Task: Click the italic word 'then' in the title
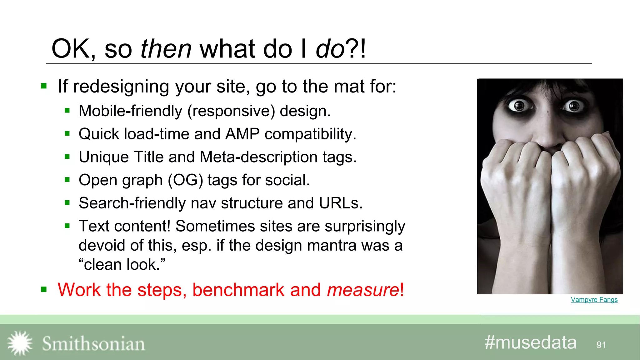coord(166,49)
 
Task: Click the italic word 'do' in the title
coord(330,49)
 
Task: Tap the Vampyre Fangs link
coord(594,300)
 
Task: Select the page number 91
coord(601,345)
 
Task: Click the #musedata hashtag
coord(530,342)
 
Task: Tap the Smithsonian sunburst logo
coord(20,343)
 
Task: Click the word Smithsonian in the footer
coord(93,344)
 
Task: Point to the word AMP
coord(242,134)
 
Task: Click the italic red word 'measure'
coord(363,290)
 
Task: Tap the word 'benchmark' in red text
coord(238,290)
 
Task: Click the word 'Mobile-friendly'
coord(130,111)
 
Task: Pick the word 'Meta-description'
coord(258,157)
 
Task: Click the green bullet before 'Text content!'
coord(67,226)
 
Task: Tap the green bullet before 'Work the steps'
coord(44,290)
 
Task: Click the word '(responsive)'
coord(231,111)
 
